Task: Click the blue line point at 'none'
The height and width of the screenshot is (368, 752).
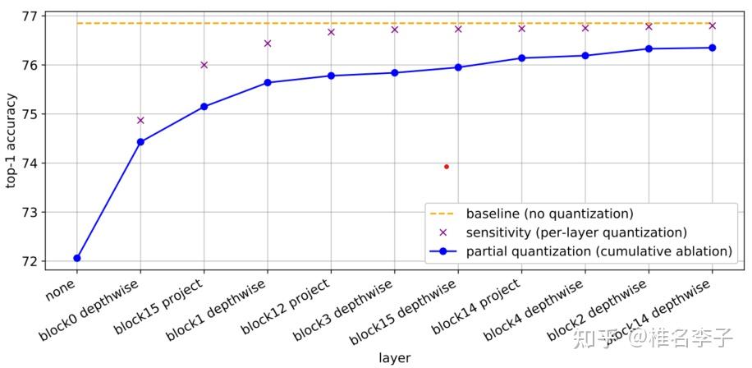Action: point(77,258)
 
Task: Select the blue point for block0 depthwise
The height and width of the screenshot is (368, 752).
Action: point(140,142)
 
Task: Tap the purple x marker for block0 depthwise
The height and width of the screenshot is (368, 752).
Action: point(140,120)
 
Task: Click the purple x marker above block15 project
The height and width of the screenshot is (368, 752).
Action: point(204,64)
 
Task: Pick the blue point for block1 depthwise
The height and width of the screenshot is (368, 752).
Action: point(268,82)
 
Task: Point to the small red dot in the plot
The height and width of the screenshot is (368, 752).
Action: point(446,167)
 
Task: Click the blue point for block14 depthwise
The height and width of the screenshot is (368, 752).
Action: point(712,48)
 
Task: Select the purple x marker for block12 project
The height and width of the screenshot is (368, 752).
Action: point(331,32)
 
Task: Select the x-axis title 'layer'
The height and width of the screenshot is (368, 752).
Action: point(394,358)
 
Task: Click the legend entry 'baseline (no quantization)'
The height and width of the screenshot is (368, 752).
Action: point(549,214)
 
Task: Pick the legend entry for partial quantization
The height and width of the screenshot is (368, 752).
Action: point(598,251)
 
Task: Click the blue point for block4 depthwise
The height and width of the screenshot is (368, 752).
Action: point(585,56)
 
